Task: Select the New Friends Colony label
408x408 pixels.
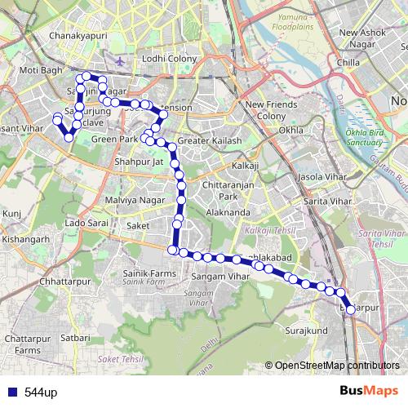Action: (266, 110)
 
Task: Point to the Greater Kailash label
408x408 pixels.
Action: (210, 140)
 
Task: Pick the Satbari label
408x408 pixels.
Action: (74, 335)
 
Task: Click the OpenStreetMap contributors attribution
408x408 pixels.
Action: (337, 366)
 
